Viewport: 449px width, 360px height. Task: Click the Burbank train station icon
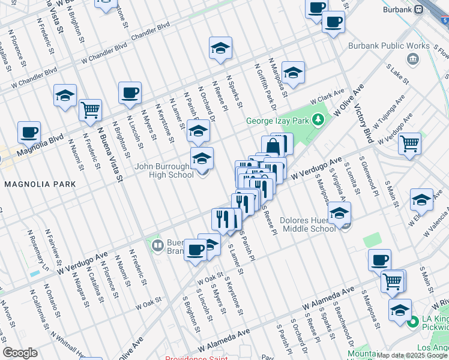[418, 11]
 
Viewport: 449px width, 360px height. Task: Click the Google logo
[20, 352]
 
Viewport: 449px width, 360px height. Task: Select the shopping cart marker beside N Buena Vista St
[91, 110]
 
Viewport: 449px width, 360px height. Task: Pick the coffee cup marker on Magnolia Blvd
[29, 132]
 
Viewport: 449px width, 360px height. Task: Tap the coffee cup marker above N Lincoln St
[130, 92]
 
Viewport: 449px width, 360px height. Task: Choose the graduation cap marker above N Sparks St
[220, 47]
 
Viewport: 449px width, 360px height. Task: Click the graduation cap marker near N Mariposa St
[293, 73]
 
